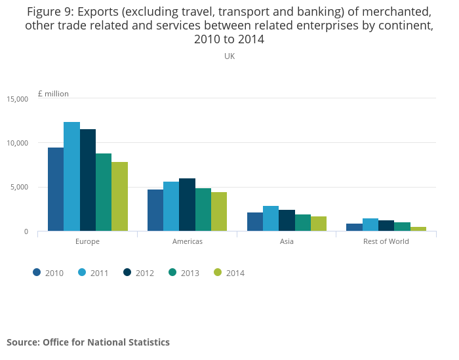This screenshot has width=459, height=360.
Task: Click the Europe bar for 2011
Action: click(71, 176)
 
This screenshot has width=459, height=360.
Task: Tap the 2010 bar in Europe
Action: click(56, 190)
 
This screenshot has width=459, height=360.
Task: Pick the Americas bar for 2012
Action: click(187, 205)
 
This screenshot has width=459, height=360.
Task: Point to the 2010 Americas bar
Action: click(155, 210)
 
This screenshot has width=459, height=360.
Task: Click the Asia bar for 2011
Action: click(271, 218)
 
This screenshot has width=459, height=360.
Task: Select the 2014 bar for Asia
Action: click(319, 224)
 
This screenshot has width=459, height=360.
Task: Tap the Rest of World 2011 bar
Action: click(370, 225)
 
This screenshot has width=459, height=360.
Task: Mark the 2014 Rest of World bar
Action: click(418, 229)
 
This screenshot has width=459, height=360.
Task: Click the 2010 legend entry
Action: click(49, 273)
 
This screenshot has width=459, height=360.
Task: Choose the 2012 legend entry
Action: click(139, 273)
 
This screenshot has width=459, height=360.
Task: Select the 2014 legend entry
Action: click(229, 273)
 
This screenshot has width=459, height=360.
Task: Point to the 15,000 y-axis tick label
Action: click(18, 99)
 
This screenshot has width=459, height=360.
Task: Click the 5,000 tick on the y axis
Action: click(20, 188)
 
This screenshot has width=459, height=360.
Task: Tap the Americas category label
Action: click(187, 241)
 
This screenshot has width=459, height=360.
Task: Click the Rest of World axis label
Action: click(386, 241)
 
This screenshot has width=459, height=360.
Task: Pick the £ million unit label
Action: click(53, 94)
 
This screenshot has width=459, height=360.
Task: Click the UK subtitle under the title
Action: click(229, 56)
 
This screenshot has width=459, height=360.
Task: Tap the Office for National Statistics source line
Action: click(89, 342)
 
